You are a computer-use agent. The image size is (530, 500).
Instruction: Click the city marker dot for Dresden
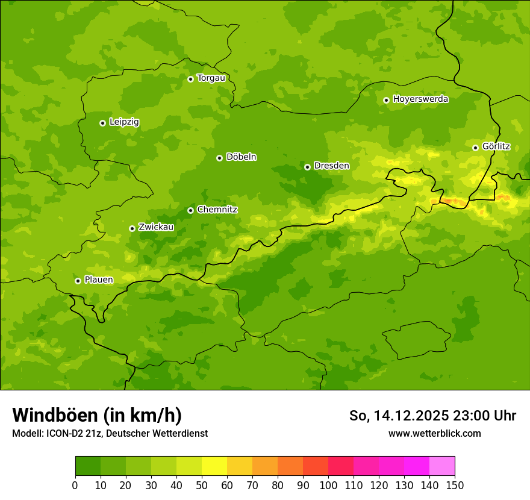tap(307, 166)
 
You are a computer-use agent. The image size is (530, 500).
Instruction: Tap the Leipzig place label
tap(124, 122)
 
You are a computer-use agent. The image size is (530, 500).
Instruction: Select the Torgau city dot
tap(190, 79)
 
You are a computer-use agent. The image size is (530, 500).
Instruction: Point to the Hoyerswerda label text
tap(420, 99)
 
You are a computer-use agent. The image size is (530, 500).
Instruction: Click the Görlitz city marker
tap(475, 148)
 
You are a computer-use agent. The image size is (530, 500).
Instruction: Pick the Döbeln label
tap(241, 157)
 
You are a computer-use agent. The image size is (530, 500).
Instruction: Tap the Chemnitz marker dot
tap(190, 210)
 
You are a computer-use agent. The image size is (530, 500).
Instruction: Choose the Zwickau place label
tap(156, 228)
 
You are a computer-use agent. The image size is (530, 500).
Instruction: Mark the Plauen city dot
tap(78, 281)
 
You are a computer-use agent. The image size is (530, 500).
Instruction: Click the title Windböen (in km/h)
tap(96, 415)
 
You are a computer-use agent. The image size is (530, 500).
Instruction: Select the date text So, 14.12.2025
tap(398, 416)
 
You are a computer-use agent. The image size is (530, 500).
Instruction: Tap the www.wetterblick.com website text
tap(434, 434)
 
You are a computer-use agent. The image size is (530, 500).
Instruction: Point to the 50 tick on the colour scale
tap(202, 485)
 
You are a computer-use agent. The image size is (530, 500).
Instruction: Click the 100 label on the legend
tap(328, 485)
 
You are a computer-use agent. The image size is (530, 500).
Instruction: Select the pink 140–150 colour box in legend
tap(442, 466)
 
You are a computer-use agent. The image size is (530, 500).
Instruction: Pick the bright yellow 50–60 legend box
tap(214, 466)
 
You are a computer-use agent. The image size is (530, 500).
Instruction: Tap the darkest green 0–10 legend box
tap(88, 466)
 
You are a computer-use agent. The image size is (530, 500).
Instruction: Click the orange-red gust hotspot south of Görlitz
tap(453, 201)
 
